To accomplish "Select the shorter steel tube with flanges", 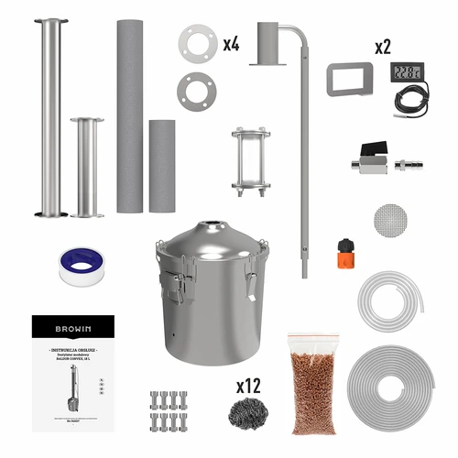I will coord(87,167).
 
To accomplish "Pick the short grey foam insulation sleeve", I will coord(162,166).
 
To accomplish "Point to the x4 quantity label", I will coord(233,44).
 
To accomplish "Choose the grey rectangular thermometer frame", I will coord(348,79).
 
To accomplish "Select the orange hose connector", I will coord(345,250).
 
